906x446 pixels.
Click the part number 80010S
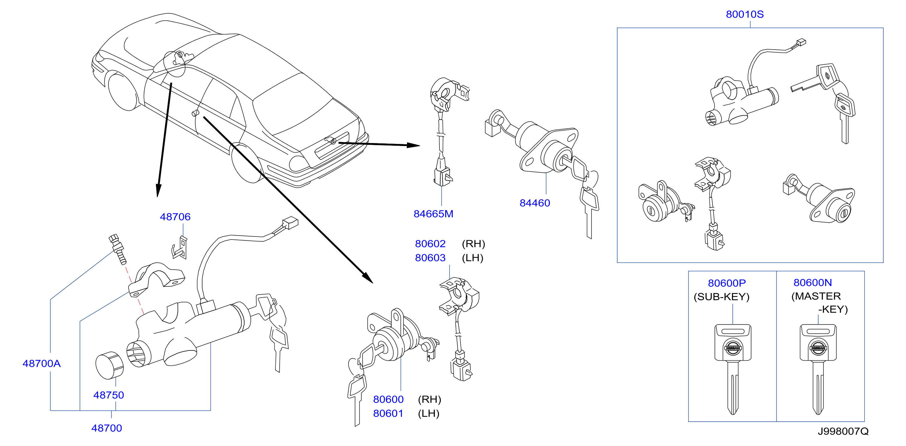[x=745, y=14]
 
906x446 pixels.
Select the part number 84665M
[x=433, y=214]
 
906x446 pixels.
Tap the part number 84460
[x=535, y=203]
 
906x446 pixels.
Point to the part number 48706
[x=175, y=217]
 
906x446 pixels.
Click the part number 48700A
[x=41, y=363]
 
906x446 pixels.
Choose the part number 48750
[x=109, y=395]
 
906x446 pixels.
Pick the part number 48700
[x=107, y=428]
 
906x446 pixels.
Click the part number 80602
[x=430, y=244]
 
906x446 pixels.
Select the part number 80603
[x=430, y=258]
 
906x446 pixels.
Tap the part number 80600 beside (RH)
[x=388, y=399]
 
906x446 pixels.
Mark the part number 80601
[x=388, y=413]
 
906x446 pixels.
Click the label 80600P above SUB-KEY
[x=727, y=283]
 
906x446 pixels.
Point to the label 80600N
[x=813, y=283]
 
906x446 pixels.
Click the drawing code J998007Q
[x=843, y=431]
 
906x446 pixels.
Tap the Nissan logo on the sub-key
[x=733, y=348]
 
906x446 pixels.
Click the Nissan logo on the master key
[x=818, y=348]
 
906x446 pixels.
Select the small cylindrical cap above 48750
[x=109, y=365]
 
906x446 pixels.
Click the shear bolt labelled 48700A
[x=117, y=249]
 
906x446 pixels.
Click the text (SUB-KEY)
[x=721, y=297]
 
